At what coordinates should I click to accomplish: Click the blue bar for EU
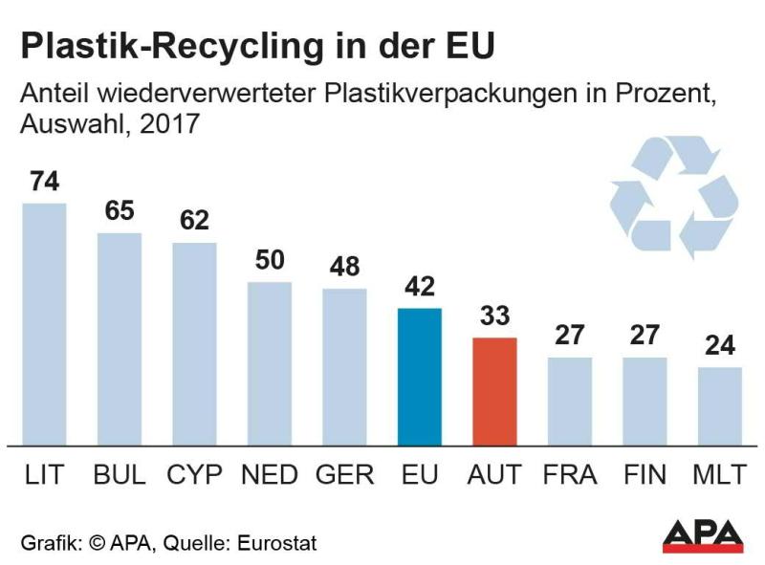coord(419,377)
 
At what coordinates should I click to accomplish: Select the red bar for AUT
coord(493,391)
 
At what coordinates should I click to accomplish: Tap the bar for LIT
coord(44,324)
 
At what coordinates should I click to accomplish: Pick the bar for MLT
coord(719,406)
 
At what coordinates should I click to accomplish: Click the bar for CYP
coord(194,344)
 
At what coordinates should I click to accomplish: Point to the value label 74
coord(44,182)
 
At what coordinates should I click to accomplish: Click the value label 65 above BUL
coord(120,211)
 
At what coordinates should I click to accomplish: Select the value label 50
coord(270,260)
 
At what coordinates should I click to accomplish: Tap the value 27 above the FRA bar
coord(569,337)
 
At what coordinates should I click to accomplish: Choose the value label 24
coord(719,346)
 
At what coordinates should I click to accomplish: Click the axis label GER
coord(344,475)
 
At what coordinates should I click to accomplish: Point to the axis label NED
coord(270,475)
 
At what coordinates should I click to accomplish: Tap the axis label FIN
coord(644,475)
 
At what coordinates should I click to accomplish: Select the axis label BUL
coord(120,475)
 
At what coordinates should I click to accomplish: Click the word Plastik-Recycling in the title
coord(155,46)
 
